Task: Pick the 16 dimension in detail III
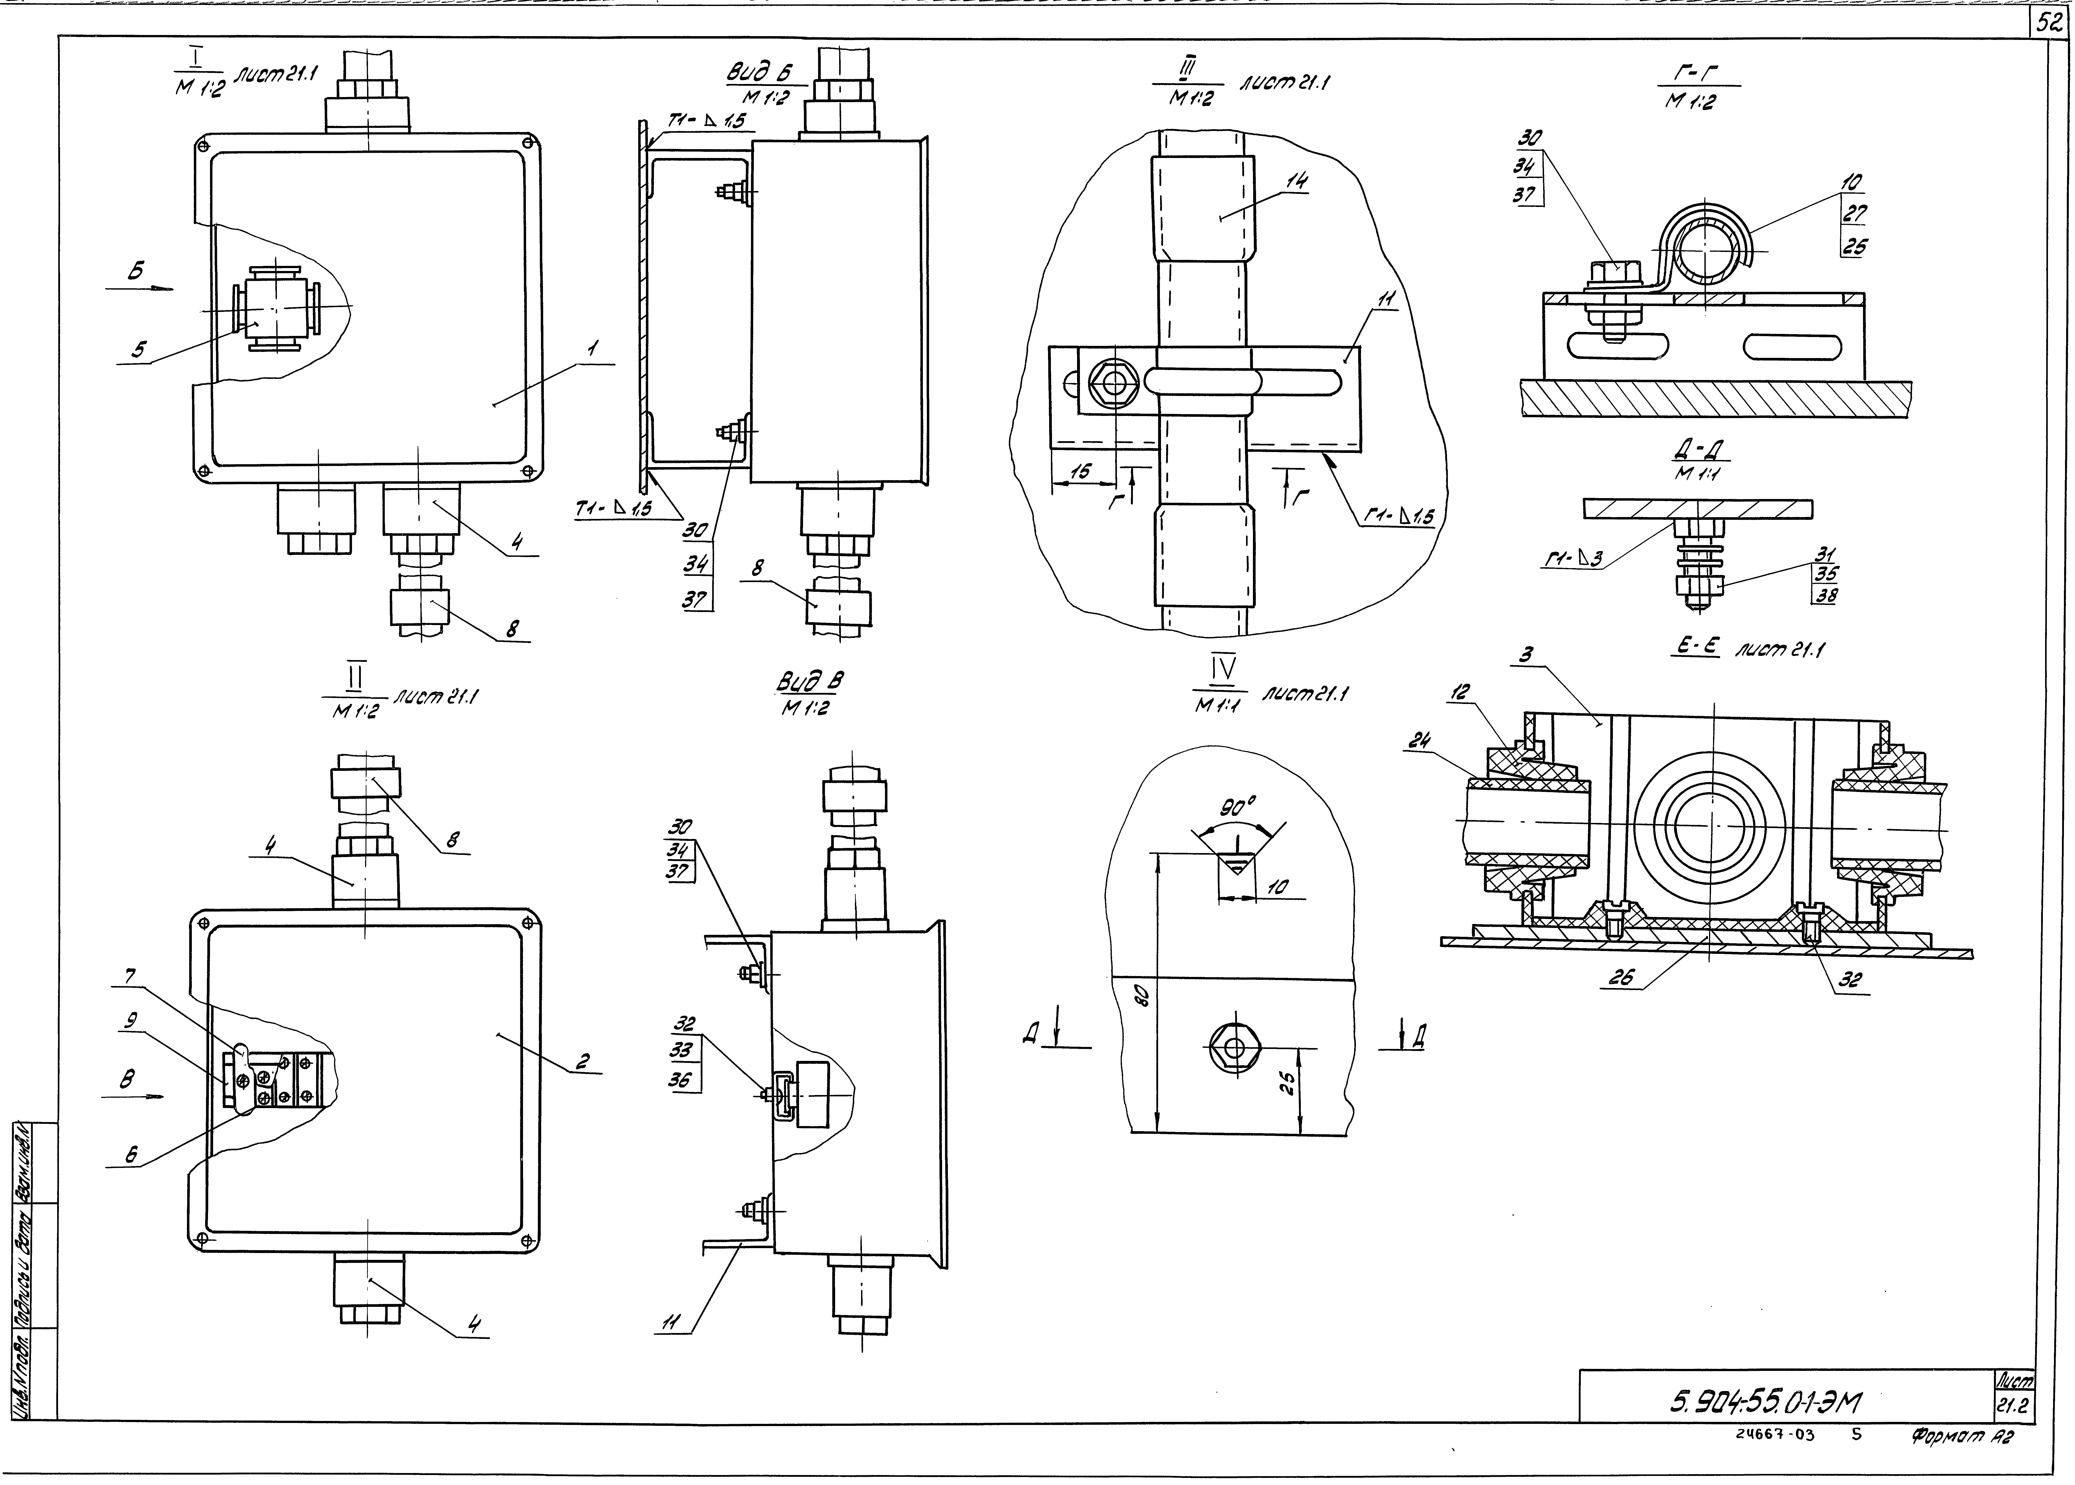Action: pyautogui.click(x=1081, y=471)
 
